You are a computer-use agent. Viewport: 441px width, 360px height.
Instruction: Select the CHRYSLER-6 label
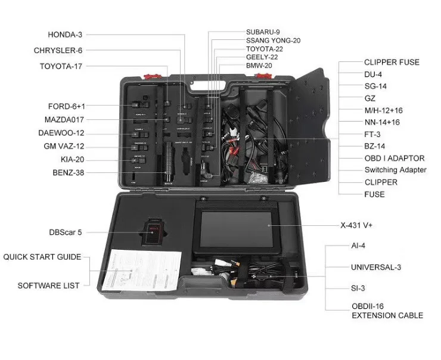(x=58, y=50)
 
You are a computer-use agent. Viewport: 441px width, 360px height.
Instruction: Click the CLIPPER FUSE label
(x=392, y=62)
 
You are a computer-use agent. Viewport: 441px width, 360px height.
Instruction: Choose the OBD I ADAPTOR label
(x=394, y=159)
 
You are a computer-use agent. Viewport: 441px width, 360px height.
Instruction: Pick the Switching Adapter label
(x=395, y=170)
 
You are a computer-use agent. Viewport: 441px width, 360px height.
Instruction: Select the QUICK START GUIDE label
(x=42, y=257)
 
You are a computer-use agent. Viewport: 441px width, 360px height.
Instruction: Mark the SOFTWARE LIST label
(x=48, y=285)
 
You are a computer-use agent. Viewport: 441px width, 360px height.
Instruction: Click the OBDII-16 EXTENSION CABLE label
(x=387, y=311)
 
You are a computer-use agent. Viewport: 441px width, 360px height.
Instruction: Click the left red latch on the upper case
(x=151, y=76)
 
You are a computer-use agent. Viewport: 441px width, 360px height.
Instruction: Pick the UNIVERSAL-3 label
(x=381, y=267)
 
